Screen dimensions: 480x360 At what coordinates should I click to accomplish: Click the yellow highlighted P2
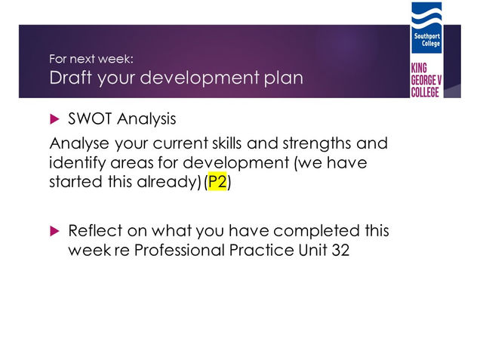[217, 182]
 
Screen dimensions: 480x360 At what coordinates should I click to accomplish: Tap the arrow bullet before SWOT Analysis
[54, 119]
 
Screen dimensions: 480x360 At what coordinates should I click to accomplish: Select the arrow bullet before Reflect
[54, 231]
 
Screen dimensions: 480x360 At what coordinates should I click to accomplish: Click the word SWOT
[90, 118]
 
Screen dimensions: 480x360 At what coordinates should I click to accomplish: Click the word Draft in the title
[70, 78]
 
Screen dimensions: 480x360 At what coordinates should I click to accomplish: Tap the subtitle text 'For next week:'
[91, 59]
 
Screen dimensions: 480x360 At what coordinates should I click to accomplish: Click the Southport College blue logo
[426, 28]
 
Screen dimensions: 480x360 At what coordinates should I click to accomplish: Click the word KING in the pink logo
[419, 68]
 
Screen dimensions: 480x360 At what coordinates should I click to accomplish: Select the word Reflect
[95, 230]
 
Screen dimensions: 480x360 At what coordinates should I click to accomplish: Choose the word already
[168, 182]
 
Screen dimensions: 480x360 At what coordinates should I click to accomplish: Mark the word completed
[316, 231]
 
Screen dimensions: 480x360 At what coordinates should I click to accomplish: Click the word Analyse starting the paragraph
[79, 143]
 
